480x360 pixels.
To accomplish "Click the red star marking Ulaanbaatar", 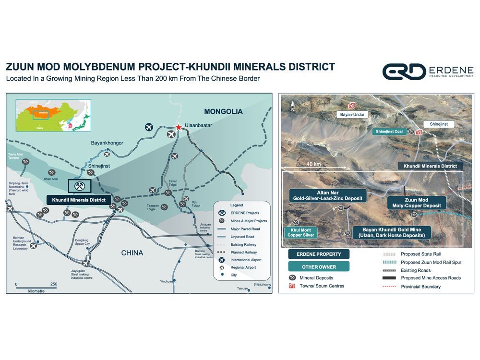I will coord(179,127).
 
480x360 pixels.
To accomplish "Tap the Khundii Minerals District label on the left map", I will coord(79,199).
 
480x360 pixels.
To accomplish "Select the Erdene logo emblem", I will coord(404,72).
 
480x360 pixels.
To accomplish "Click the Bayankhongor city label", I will coord(107,143).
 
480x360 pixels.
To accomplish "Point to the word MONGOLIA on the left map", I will coord(223,112).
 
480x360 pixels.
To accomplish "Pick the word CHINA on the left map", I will coord(132,252).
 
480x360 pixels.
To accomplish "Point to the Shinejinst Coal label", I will coord(389,131).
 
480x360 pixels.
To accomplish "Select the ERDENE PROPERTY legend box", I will coord(319,254).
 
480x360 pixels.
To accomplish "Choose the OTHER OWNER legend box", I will coord(319,266).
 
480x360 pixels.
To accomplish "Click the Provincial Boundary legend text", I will coord(420,287).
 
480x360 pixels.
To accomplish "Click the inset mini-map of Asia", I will coord(53,115).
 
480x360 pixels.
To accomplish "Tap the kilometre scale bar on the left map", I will coord(36,287).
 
